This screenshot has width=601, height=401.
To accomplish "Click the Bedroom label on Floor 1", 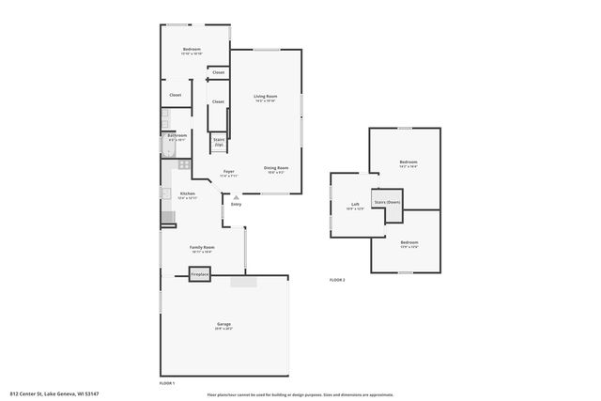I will [x=193, y=49].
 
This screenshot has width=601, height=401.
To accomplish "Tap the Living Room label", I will [x=265, y=96].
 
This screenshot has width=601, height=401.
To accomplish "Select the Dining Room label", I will [x=275, y=167].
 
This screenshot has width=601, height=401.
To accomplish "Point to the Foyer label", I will [x=228, y=171].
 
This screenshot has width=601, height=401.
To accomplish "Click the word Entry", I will [x=236, y=204].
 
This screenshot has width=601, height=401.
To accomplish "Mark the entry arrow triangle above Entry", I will [x=236, y=197].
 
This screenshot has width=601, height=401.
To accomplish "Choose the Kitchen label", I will [x=188, y=193].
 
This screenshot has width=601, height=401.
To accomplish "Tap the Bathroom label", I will [x=177, y=135].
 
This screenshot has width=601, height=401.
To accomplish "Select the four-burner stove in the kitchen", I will [x=184, y=165].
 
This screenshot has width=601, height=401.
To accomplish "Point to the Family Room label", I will [x=202, y=247].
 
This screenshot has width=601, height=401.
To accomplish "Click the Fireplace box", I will [x=200, y=274].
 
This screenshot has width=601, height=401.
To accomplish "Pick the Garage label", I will [x=223, y=324].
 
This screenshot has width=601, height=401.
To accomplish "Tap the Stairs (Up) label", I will [x=219, y=142].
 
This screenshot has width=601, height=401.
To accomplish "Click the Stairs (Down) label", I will [x=387, y=203].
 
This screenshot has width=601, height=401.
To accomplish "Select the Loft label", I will [x=355, y=204].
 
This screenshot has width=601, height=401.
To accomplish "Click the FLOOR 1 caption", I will [x=167, y=382].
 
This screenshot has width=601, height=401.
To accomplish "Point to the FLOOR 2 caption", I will [x=337, y=280].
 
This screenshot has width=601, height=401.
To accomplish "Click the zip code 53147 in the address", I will [x=91, y=393].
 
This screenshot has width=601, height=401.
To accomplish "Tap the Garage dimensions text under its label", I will [x=223, y=329].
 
